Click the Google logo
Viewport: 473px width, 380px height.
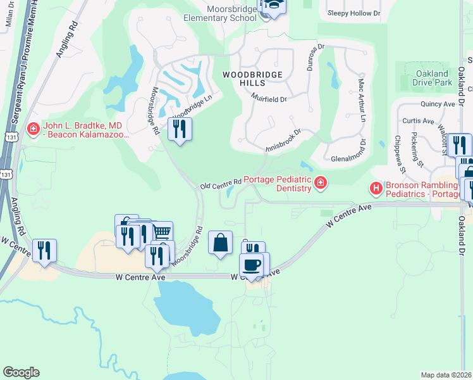[x=21, y=372]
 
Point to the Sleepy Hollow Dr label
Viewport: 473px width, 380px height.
[x=354, y=13]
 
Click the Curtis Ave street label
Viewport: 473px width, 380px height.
[x=419, y=121]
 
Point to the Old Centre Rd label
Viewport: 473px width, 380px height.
[x=221, y=184]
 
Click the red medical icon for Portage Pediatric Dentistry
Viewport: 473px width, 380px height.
[x=321, y=184]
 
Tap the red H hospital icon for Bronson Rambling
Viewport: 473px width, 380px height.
[x=376, y=188]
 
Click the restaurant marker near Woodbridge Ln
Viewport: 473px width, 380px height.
[x=180, y=129]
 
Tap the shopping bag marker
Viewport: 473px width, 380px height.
[x=219, y=243]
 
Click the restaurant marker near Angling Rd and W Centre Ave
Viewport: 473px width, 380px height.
[x=44, y=250]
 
